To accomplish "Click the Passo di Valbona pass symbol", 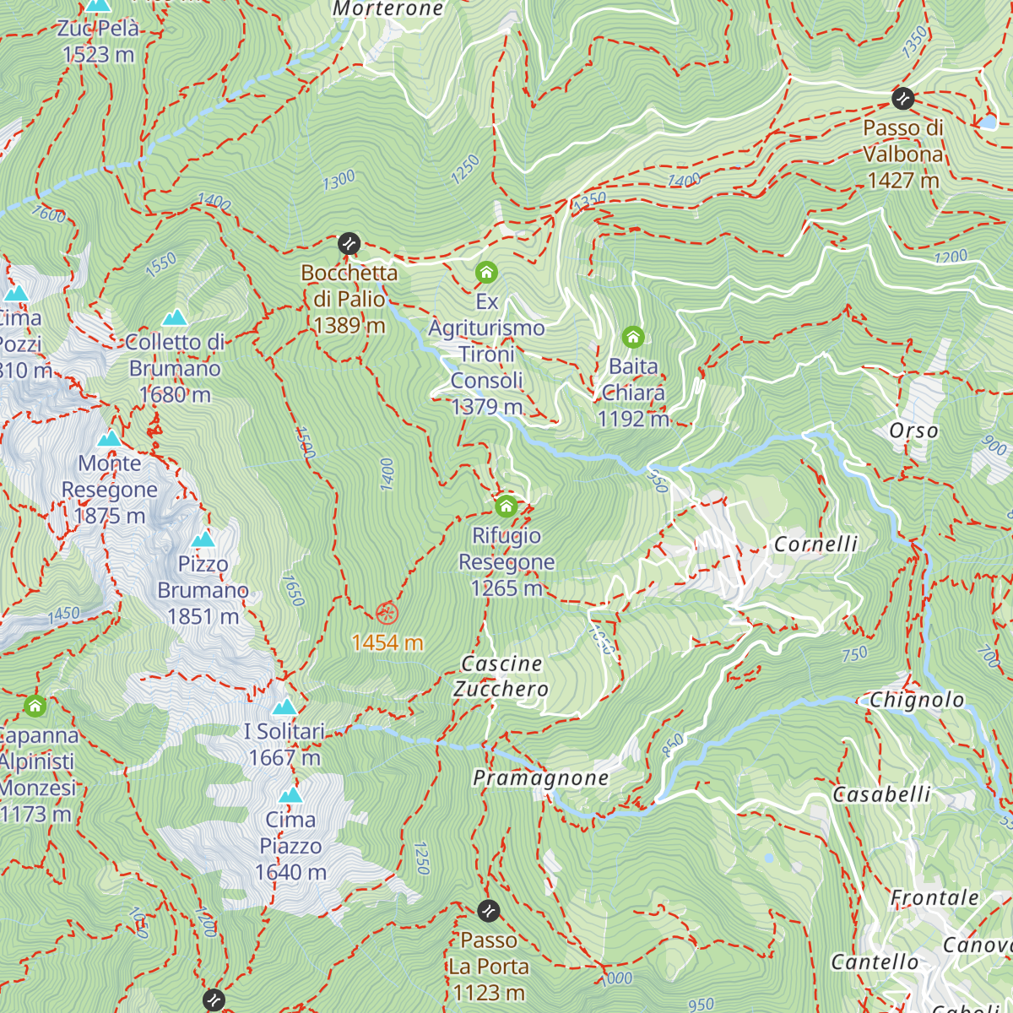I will pos(902,99).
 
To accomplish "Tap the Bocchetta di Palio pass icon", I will pos(349,244).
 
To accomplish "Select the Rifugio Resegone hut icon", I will pos(506,506).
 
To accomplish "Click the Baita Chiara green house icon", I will pos(633,338).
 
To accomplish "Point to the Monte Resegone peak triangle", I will pos(109,438).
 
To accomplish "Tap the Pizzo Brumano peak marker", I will pos(203,539).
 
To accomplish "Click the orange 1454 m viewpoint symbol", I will pos(387,611).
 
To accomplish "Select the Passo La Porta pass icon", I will pos(488,911).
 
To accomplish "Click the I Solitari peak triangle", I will pos(284,707).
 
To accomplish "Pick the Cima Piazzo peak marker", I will pos(290,794).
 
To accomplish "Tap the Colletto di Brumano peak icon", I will pos(175,317).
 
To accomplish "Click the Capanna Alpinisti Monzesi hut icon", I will pos(35,705).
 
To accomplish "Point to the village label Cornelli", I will pos(815,544).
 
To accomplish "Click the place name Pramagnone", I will pos(540,777).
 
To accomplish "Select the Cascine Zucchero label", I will pos(501,676).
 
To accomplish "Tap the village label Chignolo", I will pos(917,700).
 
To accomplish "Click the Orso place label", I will pos(913,431).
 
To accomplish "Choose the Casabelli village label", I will pos(881,794).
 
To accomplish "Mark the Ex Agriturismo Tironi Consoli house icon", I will pos(486,273).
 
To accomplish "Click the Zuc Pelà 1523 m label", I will pos(98,41).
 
